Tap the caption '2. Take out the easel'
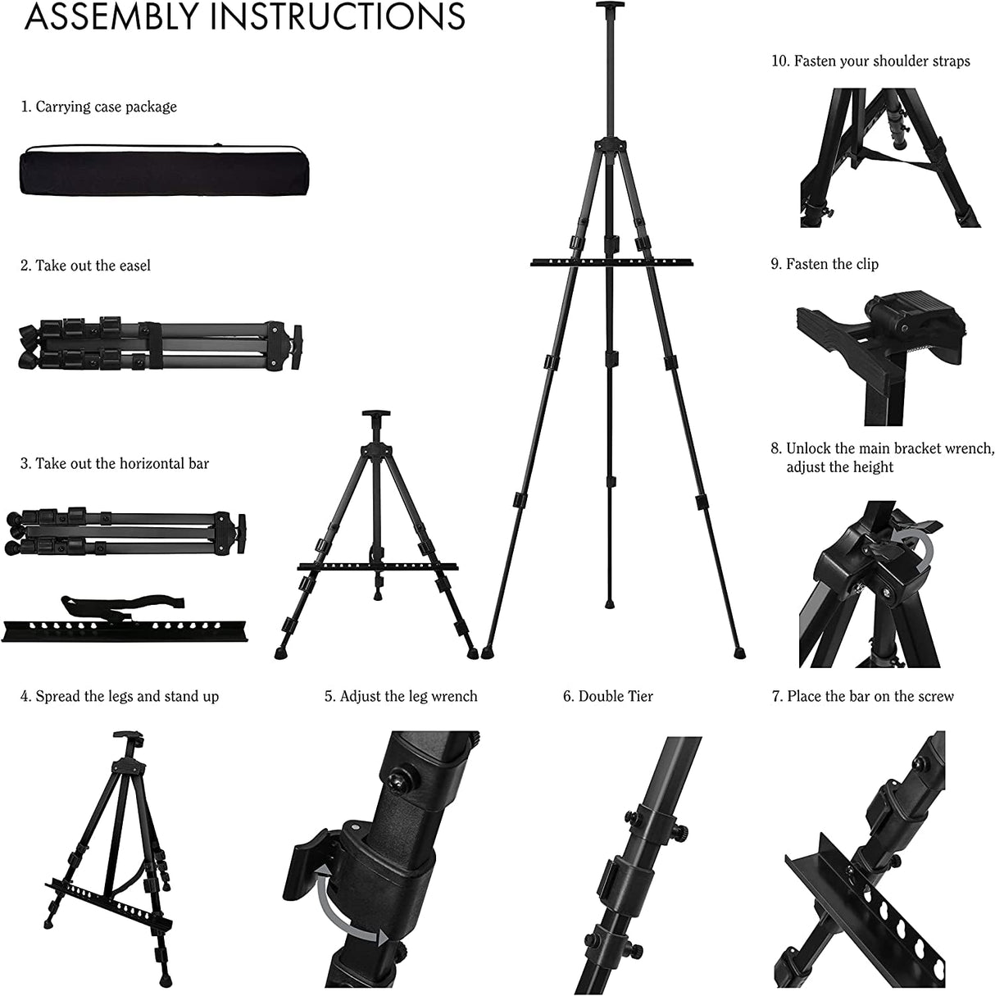pyautogui.click(x=86, y=266)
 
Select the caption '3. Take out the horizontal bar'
pyautogui.click(x=115, y=464)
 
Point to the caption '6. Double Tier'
pyautogui.click(x=607, y=697)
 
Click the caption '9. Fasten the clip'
pyautogui.click(x=825, y=264)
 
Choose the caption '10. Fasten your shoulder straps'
pyautogui.click(x=870, y=61)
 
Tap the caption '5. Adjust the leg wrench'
pyautogui.click(x=401, y=697)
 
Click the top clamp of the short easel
pyautogui.click(x=379, y=416)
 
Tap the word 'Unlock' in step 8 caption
pyautogui.click(x=810, y=448)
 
